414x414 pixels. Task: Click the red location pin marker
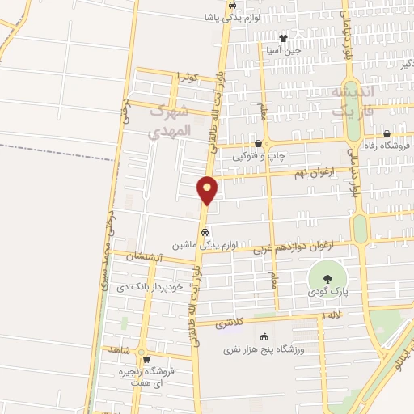click(207, 191)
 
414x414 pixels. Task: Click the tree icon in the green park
click(326, 277)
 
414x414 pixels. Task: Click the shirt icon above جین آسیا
click(283, 37)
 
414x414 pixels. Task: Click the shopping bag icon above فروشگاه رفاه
click(387, 134)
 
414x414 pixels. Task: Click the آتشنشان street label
click(146, 257)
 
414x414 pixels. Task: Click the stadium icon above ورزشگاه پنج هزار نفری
click(264, 337)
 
